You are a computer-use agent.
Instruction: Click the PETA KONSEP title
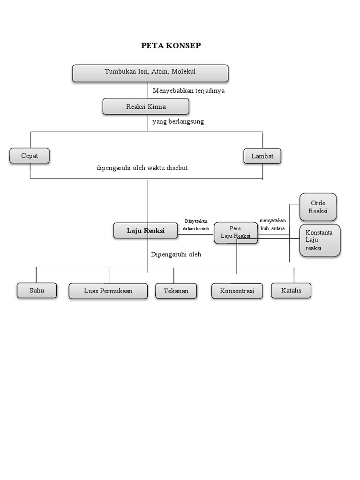[171, 45]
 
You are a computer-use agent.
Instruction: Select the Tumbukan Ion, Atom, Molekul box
[150, 73]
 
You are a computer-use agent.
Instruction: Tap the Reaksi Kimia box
[146, 106]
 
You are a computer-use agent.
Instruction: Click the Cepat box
[30, 156]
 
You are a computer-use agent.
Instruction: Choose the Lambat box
[262, 156]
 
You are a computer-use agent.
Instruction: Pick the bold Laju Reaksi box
[145, 231]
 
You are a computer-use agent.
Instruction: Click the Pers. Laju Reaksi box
[236, 232]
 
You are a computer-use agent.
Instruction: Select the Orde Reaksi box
[318, 207]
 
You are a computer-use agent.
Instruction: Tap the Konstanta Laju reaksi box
[320, 240]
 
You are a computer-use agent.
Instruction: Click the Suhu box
[37, 291]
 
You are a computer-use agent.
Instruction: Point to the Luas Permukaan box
[108, 291]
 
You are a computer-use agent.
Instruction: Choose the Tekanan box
[176, 291]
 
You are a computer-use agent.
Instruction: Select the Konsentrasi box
[237, 291]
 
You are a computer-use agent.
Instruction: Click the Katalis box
[291, 291]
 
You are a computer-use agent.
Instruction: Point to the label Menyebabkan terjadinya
[188, 90]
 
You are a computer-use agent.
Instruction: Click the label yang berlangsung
[178, 121]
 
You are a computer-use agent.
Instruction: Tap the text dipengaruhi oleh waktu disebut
[142, 168]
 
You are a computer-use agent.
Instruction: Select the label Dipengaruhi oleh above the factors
[176, 255]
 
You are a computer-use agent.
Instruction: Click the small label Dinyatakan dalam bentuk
[196, 225]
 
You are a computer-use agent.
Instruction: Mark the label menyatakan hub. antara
[273, 225]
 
